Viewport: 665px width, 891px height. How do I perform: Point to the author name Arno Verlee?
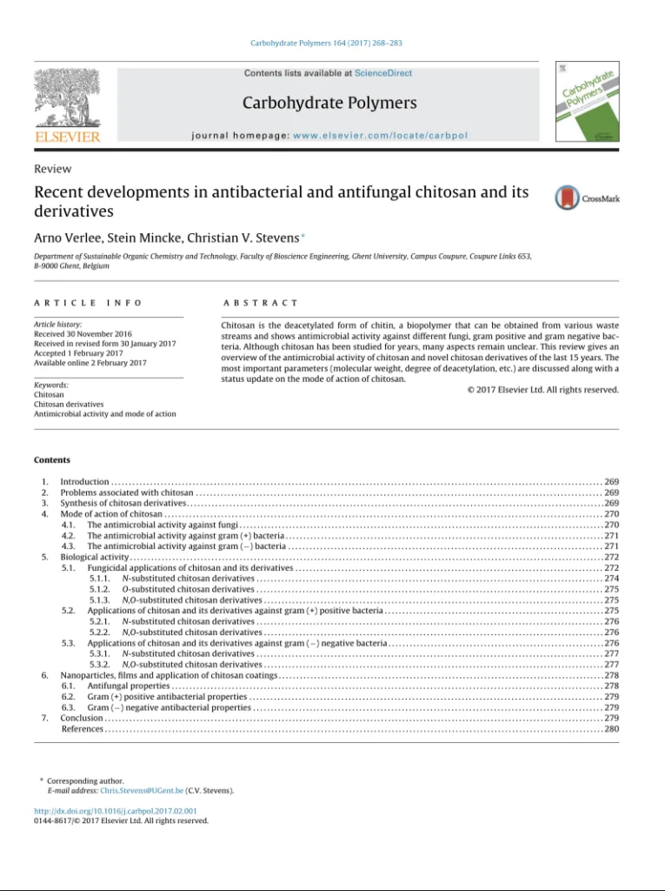62,236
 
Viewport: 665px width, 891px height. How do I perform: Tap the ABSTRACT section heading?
261,302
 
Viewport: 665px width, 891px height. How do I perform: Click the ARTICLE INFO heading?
88,302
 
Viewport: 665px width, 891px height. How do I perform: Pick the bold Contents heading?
52,459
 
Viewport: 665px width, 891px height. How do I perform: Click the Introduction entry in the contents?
84,481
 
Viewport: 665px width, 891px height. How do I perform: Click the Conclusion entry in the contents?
82,719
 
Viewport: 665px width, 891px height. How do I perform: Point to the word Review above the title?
52,169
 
